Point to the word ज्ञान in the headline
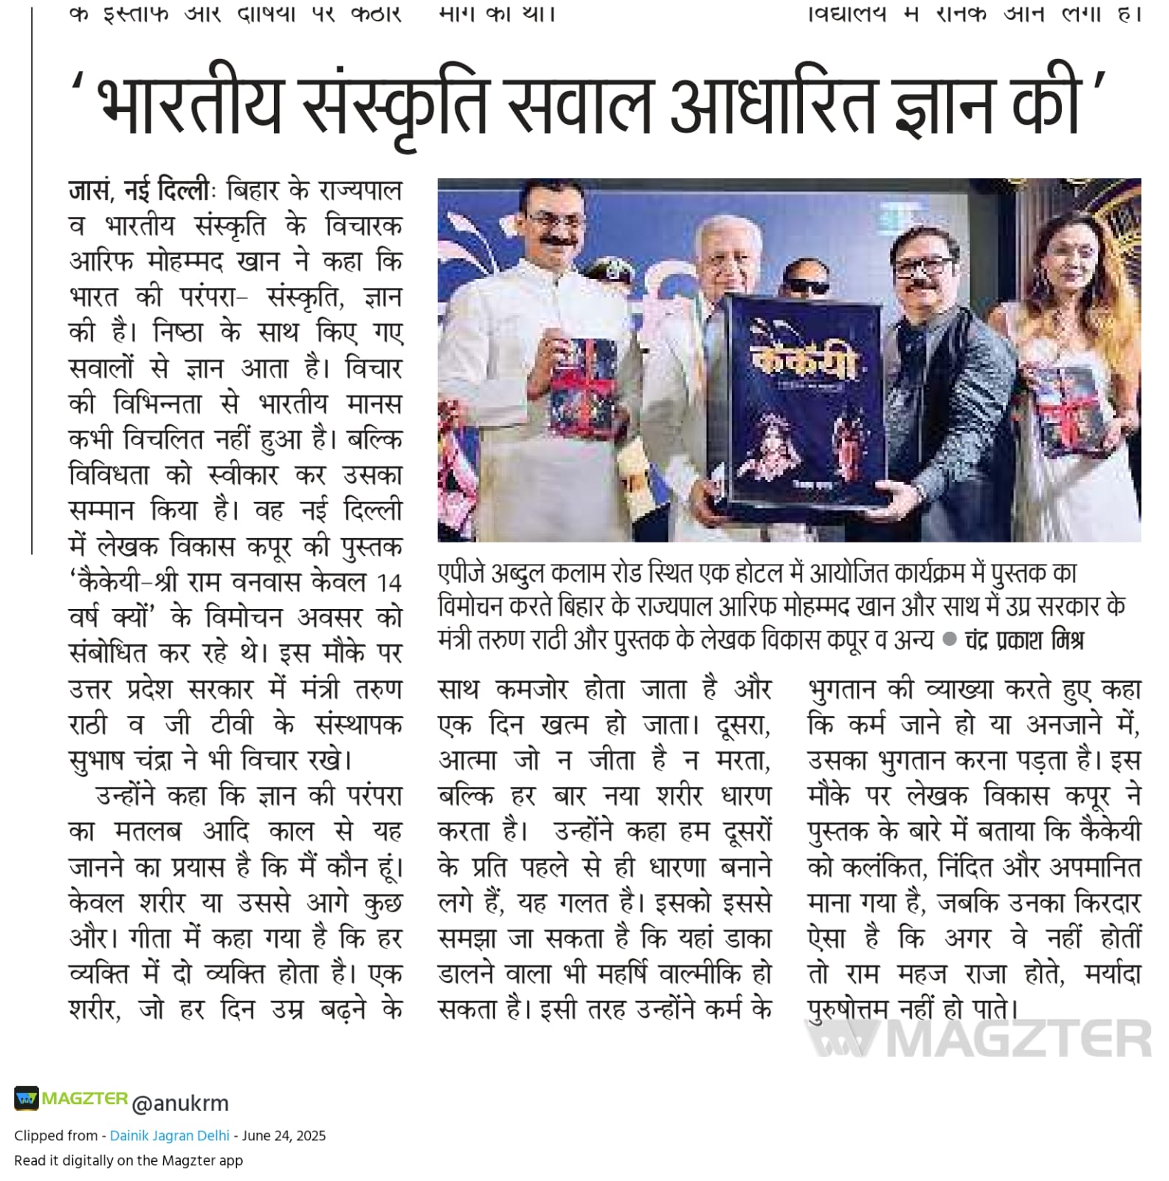click(943, 106)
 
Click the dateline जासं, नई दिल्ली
click(140, 191)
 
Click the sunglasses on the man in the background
click(807, 287)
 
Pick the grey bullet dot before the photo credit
click(950, 639)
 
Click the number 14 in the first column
click(389, 583)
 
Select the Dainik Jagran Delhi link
click(169, 1135)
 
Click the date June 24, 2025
click(283, 1135)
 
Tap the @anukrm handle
click(180, 1103)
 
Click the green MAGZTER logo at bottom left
click(71, 1098)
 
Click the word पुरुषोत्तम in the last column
click(848, 1008)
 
